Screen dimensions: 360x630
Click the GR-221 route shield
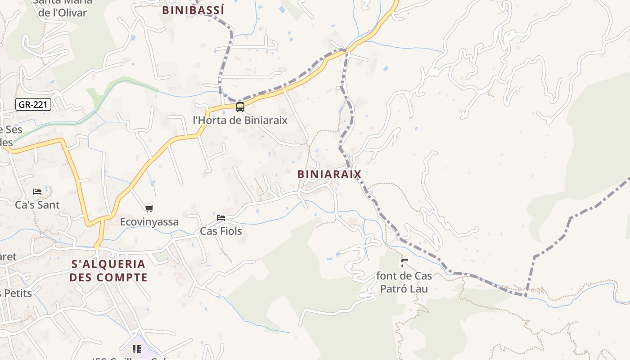(x=33, y=105)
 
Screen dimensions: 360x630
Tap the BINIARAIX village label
(x=329, y=174)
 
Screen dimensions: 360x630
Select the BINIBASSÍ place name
(x=193, y=10)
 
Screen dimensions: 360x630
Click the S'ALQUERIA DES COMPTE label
(x=108, y=270)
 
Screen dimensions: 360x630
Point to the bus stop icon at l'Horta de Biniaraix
(x=240, y=107)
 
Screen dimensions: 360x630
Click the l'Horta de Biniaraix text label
(x=240, y=120)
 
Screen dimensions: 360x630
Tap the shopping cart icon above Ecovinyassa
(x=149, y=208)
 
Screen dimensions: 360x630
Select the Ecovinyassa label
(x=149, y=222)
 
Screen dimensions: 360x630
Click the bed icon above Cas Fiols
(x=221, y=218)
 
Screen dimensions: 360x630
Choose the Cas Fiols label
(x=221, y=231)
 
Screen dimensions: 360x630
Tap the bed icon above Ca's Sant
(x=37, y=192)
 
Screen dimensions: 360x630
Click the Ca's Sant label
(x=37, y=205)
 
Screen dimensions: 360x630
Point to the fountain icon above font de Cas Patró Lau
(x=405, y=262)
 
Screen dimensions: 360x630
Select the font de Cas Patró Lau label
(x=404, y=282)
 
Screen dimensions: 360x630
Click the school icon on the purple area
(x=137, y=349)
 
